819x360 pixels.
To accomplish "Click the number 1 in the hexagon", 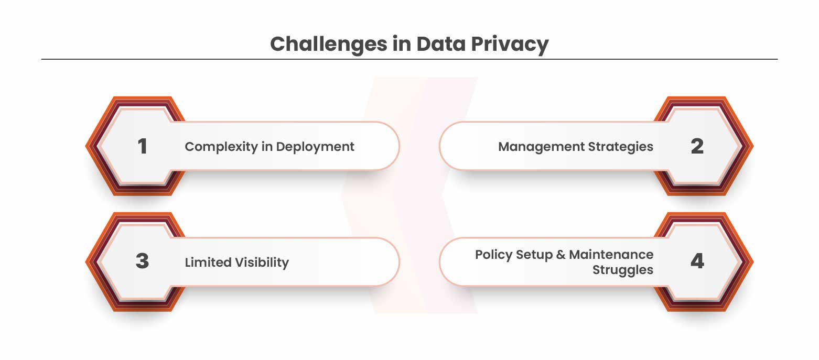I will pos(143,146).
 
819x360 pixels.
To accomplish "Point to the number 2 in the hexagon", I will pos(697,146).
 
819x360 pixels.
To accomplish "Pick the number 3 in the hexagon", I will pos(143,261).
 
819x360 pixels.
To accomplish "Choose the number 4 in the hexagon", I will pos(697,261).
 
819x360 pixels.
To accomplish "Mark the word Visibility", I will pos(262,262).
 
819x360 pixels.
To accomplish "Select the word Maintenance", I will pos(611,255).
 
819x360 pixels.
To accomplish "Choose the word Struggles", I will pos(623,270).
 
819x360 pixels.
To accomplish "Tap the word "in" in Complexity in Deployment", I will pos(266,147).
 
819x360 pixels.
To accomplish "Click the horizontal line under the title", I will pos(409,59).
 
